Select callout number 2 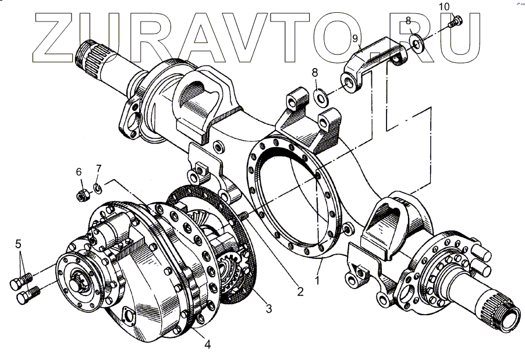(x=300, y=292)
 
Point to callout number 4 (x=207, y=344)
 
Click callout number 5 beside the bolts (x=19, y=244)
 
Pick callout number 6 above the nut (x=79, y=172)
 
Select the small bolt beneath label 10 (x=456, y=22)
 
